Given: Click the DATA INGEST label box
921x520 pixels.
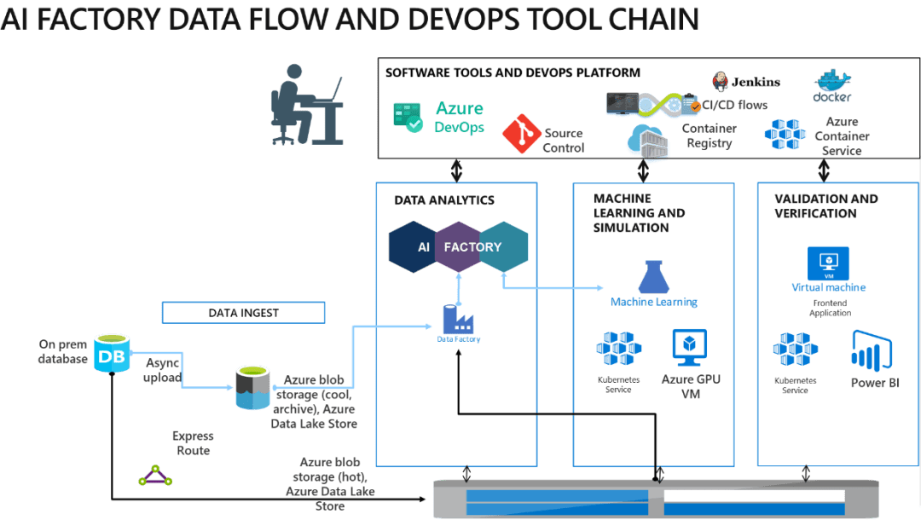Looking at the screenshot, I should click(243, 313).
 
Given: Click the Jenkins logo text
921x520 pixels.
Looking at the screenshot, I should click(754, 82).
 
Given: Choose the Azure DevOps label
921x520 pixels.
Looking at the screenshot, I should click(459, 118).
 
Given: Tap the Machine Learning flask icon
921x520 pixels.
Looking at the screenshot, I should click(654, 277).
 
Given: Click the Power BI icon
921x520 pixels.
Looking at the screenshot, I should click(871, 352).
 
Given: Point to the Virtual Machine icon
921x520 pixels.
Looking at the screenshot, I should click(829, 263).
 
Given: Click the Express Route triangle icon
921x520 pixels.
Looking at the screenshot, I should click(155, 476).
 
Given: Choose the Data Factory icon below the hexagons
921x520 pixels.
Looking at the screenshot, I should click(459, 321).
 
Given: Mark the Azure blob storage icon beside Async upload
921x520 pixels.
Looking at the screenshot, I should click(252, 388).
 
